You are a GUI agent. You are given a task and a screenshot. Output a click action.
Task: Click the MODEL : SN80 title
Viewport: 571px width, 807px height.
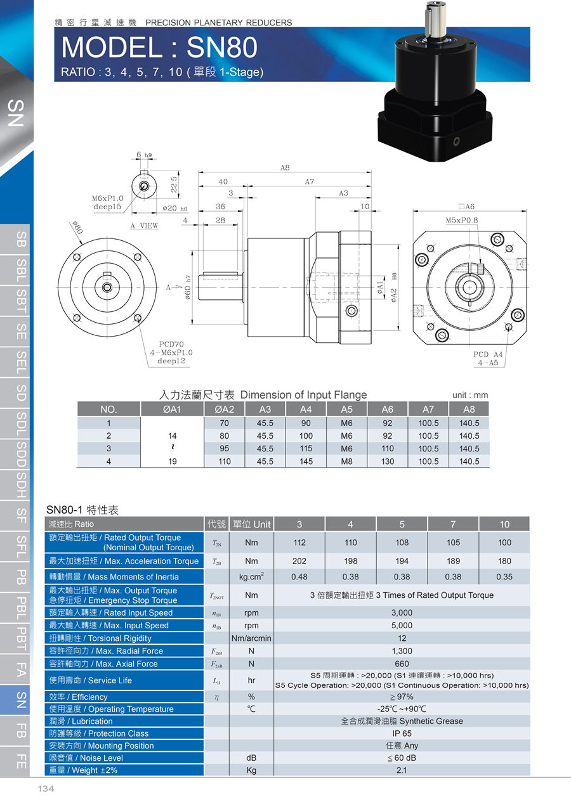coord(159,47)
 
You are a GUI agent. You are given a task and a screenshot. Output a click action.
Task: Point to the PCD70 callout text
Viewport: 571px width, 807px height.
coord(171,344)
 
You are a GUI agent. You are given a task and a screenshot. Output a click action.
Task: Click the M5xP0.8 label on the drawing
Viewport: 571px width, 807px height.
coord(462,220)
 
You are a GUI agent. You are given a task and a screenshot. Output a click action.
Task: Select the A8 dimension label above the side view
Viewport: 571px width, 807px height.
coord(285,167)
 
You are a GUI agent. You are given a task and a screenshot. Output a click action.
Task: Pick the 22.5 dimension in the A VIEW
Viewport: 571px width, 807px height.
coord(174,184)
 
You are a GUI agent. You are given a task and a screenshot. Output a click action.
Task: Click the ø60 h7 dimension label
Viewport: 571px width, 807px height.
coord(188,287)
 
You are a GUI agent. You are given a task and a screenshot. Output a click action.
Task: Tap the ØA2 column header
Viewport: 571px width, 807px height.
coord(224,410)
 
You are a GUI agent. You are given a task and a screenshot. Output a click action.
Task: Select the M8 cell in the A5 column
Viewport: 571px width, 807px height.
coord(346,461)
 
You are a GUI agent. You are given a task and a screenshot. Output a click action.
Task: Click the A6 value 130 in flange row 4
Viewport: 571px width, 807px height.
coord(388,461)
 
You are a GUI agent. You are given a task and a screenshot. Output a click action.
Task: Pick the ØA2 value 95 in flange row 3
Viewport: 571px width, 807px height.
coord(224,449)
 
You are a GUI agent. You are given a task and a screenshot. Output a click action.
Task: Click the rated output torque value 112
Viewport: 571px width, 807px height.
coord(299,543)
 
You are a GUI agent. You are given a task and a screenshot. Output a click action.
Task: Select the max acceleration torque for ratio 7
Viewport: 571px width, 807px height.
coord(453,561)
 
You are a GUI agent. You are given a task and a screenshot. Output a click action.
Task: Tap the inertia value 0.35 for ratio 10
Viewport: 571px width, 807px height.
coord(504,577)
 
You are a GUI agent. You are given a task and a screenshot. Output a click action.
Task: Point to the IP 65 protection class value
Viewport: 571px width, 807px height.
coord(402,733)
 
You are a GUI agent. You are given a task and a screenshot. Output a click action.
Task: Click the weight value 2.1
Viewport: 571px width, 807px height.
coord(402,770)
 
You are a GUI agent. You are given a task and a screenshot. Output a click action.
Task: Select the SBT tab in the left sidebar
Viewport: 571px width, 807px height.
coord(21,301)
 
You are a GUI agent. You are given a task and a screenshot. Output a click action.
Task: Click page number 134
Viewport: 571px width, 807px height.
coord(46,789)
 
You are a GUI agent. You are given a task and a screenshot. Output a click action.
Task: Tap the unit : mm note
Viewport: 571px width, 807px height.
coord(470,395)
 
